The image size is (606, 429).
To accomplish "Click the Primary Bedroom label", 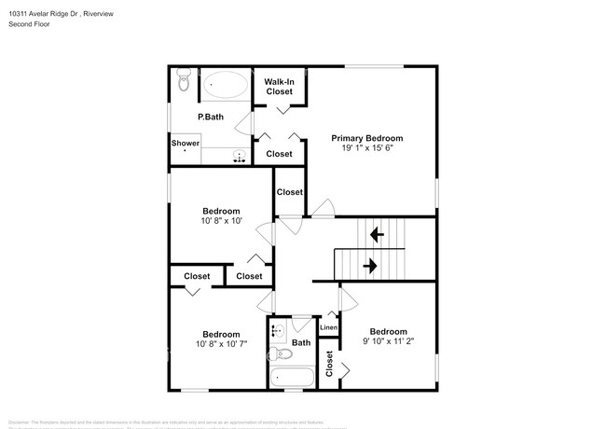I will click(x=373, y=138).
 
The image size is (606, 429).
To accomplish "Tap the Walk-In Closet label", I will click(x=280, y=87).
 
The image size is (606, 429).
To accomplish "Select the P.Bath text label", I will click(x=211, y=117).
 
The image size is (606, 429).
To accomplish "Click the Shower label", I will click(x=185, y=144).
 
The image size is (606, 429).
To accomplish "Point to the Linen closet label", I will click(x=328, y=327).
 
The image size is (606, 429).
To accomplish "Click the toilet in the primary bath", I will click(x=183, y=85).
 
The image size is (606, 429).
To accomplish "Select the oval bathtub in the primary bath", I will click(x=225, y=86).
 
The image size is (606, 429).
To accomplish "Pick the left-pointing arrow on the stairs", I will click(x=377, y=233).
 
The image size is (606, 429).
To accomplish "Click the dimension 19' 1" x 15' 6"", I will click(x=373, y=149).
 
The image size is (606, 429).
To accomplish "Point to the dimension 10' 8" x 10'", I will click(x=221, y=221).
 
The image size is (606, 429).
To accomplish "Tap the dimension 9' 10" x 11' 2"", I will click(x=388, y=342).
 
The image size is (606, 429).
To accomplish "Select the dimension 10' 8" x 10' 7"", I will click(x=221, y=344).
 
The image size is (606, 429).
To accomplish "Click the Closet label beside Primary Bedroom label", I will click(x=279, y=154).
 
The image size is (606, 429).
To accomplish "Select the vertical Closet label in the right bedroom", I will click(x=330, y=364).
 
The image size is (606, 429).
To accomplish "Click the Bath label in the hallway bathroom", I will click(x=300, y=343).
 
